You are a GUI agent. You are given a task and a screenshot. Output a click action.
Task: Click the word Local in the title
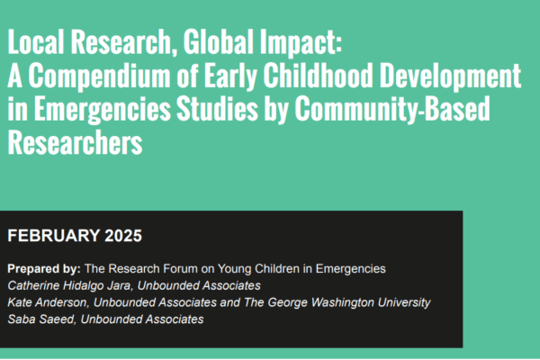click(36, 41)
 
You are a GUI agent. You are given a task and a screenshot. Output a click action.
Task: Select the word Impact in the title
click(301, 43)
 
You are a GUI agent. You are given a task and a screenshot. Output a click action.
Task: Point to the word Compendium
click(99, 76)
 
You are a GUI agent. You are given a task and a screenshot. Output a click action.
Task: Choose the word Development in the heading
click(451, 76)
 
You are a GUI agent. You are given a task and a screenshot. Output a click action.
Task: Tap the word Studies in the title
click(217, 108)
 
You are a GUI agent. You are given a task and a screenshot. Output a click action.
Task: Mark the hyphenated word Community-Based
click(392, 110)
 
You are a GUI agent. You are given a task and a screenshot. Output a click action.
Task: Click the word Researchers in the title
click(75, 142)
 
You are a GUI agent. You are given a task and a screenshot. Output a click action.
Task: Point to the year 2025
click(123, 236)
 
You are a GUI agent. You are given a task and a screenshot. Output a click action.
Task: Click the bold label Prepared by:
click(44, 269)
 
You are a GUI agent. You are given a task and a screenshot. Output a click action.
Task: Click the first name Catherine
click(34, 285)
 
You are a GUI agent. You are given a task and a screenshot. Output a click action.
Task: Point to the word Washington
click(342, 302)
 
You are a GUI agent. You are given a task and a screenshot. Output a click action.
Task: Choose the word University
click(404, 302)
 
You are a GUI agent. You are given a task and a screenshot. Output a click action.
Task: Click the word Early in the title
click(230, 76)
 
